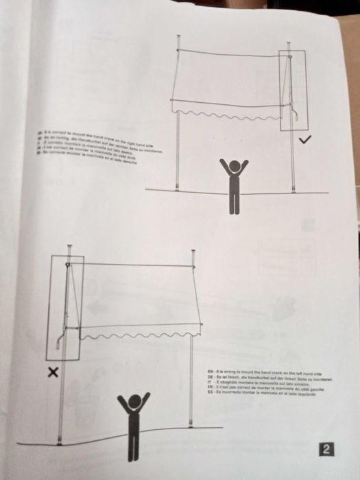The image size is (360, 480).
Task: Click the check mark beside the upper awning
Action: pyautogui.click(x=306, y=140)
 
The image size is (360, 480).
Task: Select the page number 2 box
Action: pyautogui.click(x=327, y=450)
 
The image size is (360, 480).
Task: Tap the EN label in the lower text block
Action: pyautogui.click(x=209, y=370)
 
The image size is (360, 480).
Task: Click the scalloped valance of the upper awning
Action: pyautogui.click(x=226, y=110)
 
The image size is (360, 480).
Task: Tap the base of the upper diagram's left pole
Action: pyautogui.click(x=178, y=187)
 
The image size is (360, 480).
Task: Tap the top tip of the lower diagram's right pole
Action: pyautogui.click(x=194, y=252)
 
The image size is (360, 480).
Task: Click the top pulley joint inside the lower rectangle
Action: pyautogui.click(x=67, y=264)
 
